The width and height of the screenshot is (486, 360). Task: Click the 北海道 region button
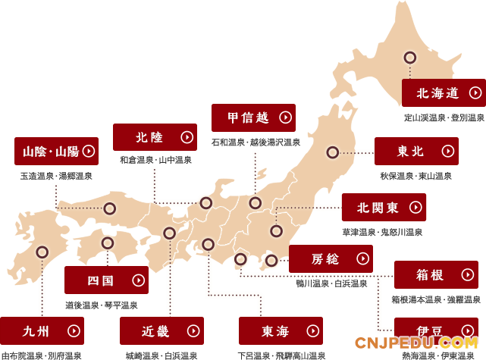[x=444, y=93]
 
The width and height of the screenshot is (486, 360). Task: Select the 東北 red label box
[x=416, y=151]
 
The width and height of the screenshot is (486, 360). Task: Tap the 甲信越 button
[x=253, y=117]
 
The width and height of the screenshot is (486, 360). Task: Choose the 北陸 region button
[x=155, y=137]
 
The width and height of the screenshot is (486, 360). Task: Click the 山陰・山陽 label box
[x=56, y=151]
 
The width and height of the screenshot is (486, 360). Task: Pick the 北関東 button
[x=384, y=207]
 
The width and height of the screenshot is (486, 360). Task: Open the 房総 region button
[x=331, y=258]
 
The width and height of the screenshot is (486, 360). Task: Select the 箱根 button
[x=436, y=274]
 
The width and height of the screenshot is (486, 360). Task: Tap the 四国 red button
[x=106, y=280]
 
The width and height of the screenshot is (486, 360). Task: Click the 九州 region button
[x=42, y=330]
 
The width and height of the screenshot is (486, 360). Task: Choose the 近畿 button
[x=161, y=330]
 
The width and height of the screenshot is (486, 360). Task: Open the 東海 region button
[x=281, y=330]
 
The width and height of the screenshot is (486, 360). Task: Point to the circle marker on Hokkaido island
[x=410, y=58]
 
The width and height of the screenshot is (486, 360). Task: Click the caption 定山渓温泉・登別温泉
[x=444, y=117]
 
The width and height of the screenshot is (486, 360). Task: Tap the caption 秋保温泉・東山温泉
[x=416, y=175]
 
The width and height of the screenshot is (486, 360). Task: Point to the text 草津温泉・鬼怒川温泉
[x=383, y=232]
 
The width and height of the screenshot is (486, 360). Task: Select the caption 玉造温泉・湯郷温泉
[x=56, y=176]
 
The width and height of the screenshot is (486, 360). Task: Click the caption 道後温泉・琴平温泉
[x=102, y=305]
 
